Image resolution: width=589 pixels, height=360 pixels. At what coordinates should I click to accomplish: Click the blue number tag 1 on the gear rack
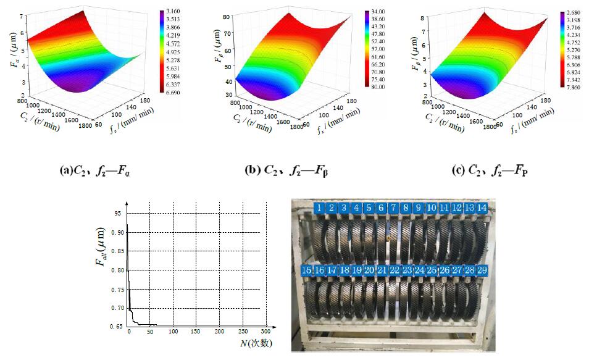319,208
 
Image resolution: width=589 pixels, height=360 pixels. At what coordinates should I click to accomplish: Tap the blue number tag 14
482,208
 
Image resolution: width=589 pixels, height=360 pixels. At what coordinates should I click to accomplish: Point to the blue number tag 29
482,270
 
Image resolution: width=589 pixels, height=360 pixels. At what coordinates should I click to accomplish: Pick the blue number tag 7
393,208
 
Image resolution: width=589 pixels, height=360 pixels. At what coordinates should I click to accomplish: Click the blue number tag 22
395,270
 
